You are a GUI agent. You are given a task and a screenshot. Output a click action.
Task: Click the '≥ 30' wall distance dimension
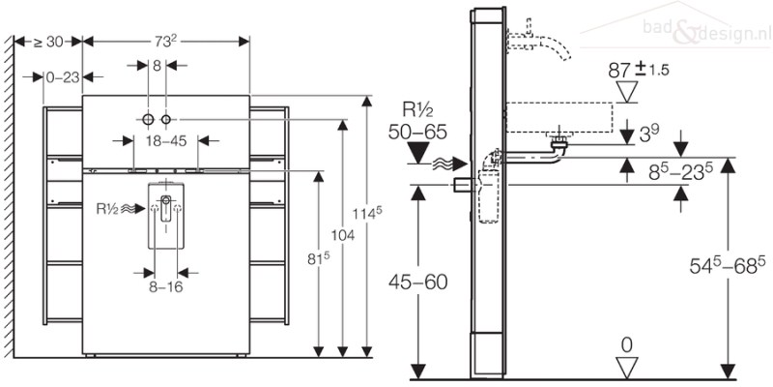(47, 42)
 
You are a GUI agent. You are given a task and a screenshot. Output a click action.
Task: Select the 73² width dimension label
(165, 42)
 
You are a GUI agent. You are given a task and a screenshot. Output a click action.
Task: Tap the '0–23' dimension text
(63, 77)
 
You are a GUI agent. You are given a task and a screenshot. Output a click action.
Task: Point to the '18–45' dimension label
(165, 141)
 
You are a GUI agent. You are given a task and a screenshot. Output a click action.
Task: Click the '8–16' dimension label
(165, 286)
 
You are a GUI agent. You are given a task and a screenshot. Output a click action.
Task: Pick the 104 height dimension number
(343, 235)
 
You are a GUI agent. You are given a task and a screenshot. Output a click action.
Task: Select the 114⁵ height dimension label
(367, 213)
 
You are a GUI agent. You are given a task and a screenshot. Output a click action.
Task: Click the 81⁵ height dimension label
(318, 259)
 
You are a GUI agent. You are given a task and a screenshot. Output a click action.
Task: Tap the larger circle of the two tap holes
(148, 119)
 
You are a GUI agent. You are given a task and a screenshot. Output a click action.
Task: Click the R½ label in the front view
(107, 209)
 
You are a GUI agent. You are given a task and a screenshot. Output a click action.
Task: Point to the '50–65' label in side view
(417, 133)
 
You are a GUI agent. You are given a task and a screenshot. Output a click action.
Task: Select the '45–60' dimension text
(418, 283)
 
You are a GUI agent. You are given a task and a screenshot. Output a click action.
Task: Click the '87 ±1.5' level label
(639, 70)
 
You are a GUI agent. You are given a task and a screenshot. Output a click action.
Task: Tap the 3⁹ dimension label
(650, 134)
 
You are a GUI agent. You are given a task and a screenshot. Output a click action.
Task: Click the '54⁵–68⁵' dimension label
(728, 265)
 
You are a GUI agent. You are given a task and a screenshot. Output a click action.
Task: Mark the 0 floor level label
(626, 345)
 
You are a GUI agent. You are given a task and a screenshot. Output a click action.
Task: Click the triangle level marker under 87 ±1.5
(627, 92)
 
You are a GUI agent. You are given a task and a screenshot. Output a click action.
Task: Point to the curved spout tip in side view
(565, 56)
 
